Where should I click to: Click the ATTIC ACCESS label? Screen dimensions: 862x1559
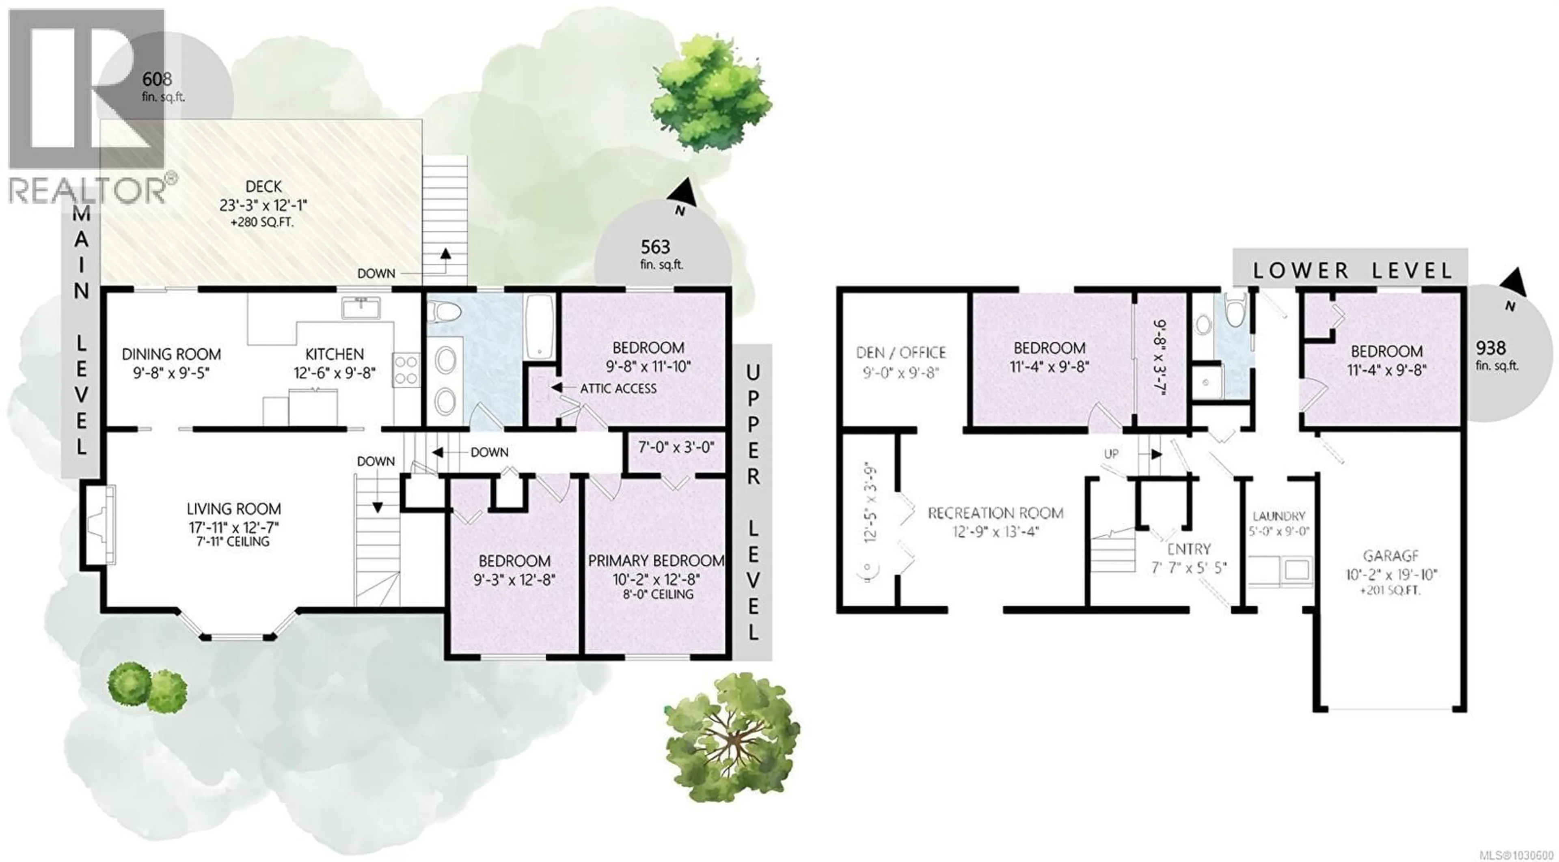tap(618, 388)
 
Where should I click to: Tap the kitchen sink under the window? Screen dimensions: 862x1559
tap(361, 308)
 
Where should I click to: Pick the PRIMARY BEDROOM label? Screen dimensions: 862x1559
tap(656, 561)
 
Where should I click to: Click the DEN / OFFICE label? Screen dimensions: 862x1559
tap(900, 352)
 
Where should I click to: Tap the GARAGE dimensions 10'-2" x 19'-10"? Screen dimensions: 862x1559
tap(1391, 574)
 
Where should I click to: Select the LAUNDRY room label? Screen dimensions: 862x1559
tap(1278, 516)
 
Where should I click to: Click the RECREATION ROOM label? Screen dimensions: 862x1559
tap(995, 513)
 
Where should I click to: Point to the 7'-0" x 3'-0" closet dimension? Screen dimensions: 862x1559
tap(676, 448)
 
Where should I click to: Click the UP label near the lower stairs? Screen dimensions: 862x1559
tap(1111, 453)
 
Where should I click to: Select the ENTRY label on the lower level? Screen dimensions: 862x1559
tap(1189, 549)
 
